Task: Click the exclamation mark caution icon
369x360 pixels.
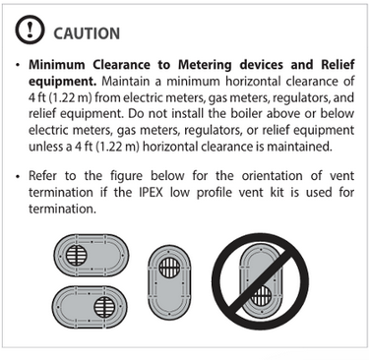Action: tap(30, 30)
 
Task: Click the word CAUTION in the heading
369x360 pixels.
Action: tap(87, 33)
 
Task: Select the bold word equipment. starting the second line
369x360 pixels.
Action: tap(62, 82)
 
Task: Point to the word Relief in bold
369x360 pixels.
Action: tap(338, 65)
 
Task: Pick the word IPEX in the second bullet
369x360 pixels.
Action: tap(151, 192)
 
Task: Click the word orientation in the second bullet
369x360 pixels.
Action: tap(272, 176)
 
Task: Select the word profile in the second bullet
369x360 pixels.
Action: tap(214, 193)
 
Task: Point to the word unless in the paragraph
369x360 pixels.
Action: tap(46, 147)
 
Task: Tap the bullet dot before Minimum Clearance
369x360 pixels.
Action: tap(18, 65)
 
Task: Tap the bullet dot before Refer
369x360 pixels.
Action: tap(18, 176)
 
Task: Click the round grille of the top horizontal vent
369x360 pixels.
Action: tap(77, 255)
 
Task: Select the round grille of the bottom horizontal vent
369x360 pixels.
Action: tap(104, 307)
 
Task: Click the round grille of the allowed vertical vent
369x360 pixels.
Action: tap(169, 267)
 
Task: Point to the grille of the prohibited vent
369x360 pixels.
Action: tap(261, 295)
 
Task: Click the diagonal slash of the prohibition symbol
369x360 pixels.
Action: tap(261, 281)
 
